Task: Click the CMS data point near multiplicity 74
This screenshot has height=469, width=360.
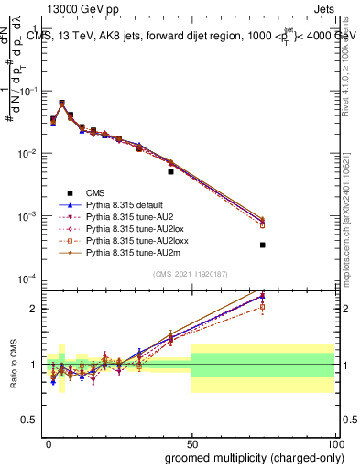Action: click(x=262, y=245)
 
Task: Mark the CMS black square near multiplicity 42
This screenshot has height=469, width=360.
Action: click(x=170, y=171)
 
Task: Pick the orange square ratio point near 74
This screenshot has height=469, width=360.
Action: click(x=262, y=307)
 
